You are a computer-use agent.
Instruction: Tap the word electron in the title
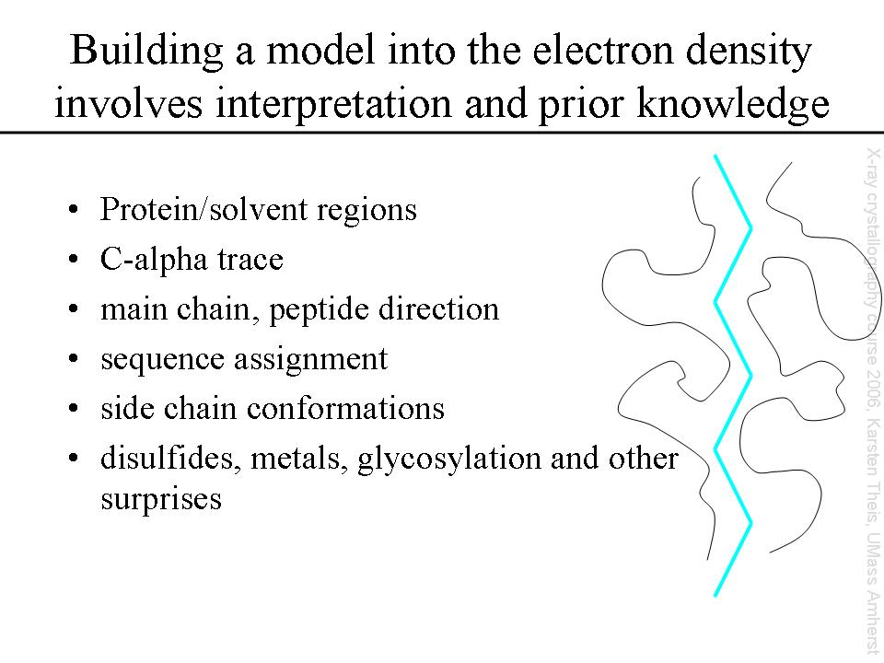(602, 50)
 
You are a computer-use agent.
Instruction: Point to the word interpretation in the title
(333, 105)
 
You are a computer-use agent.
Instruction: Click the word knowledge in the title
(733, 105)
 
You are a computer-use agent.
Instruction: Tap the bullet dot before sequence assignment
(72, 359)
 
